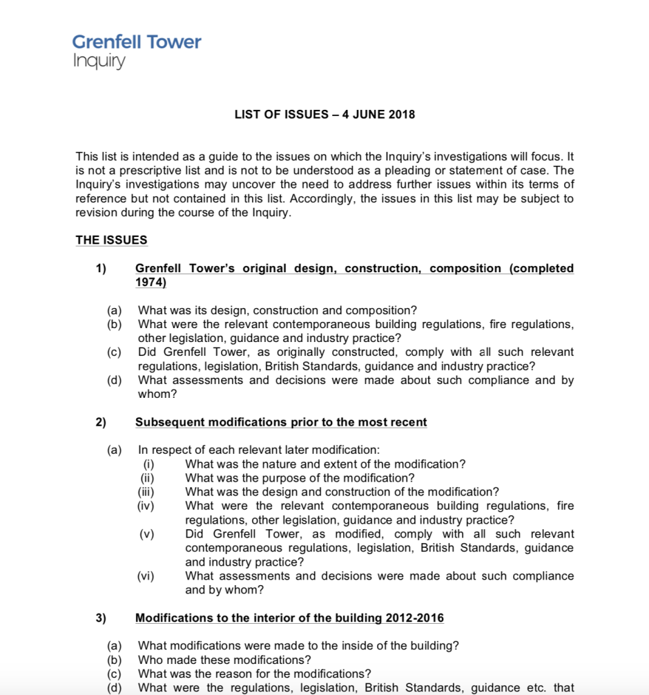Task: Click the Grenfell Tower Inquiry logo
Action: [x=137, y=51]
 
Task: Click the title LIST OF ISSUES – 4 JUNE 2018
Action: [x=324, y=115]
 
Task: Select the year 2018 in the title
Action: [x=402, y=115]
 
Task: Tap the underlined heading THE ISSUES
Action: [x=111, y=240]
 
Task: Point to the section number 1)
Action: [x=101, y=269]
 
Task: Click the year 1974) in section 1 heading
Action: [x=151, y=283]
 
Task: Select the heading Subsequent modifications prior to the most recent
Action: [x=281, y=422]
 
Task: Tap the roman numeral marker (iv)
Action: [x=147, y=506]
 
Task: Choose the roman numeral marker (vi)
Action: [x=147, y=576]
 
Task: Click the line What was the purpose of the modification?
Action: [x=300, y=478]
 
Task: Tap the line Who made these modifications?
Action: [x=224, y=660]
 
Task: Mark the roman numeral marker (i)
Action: [x=147, y=464]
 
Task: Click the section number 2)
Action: [x=101, y=422]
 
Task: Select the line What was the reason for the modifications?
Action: [x=255, y=674]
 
